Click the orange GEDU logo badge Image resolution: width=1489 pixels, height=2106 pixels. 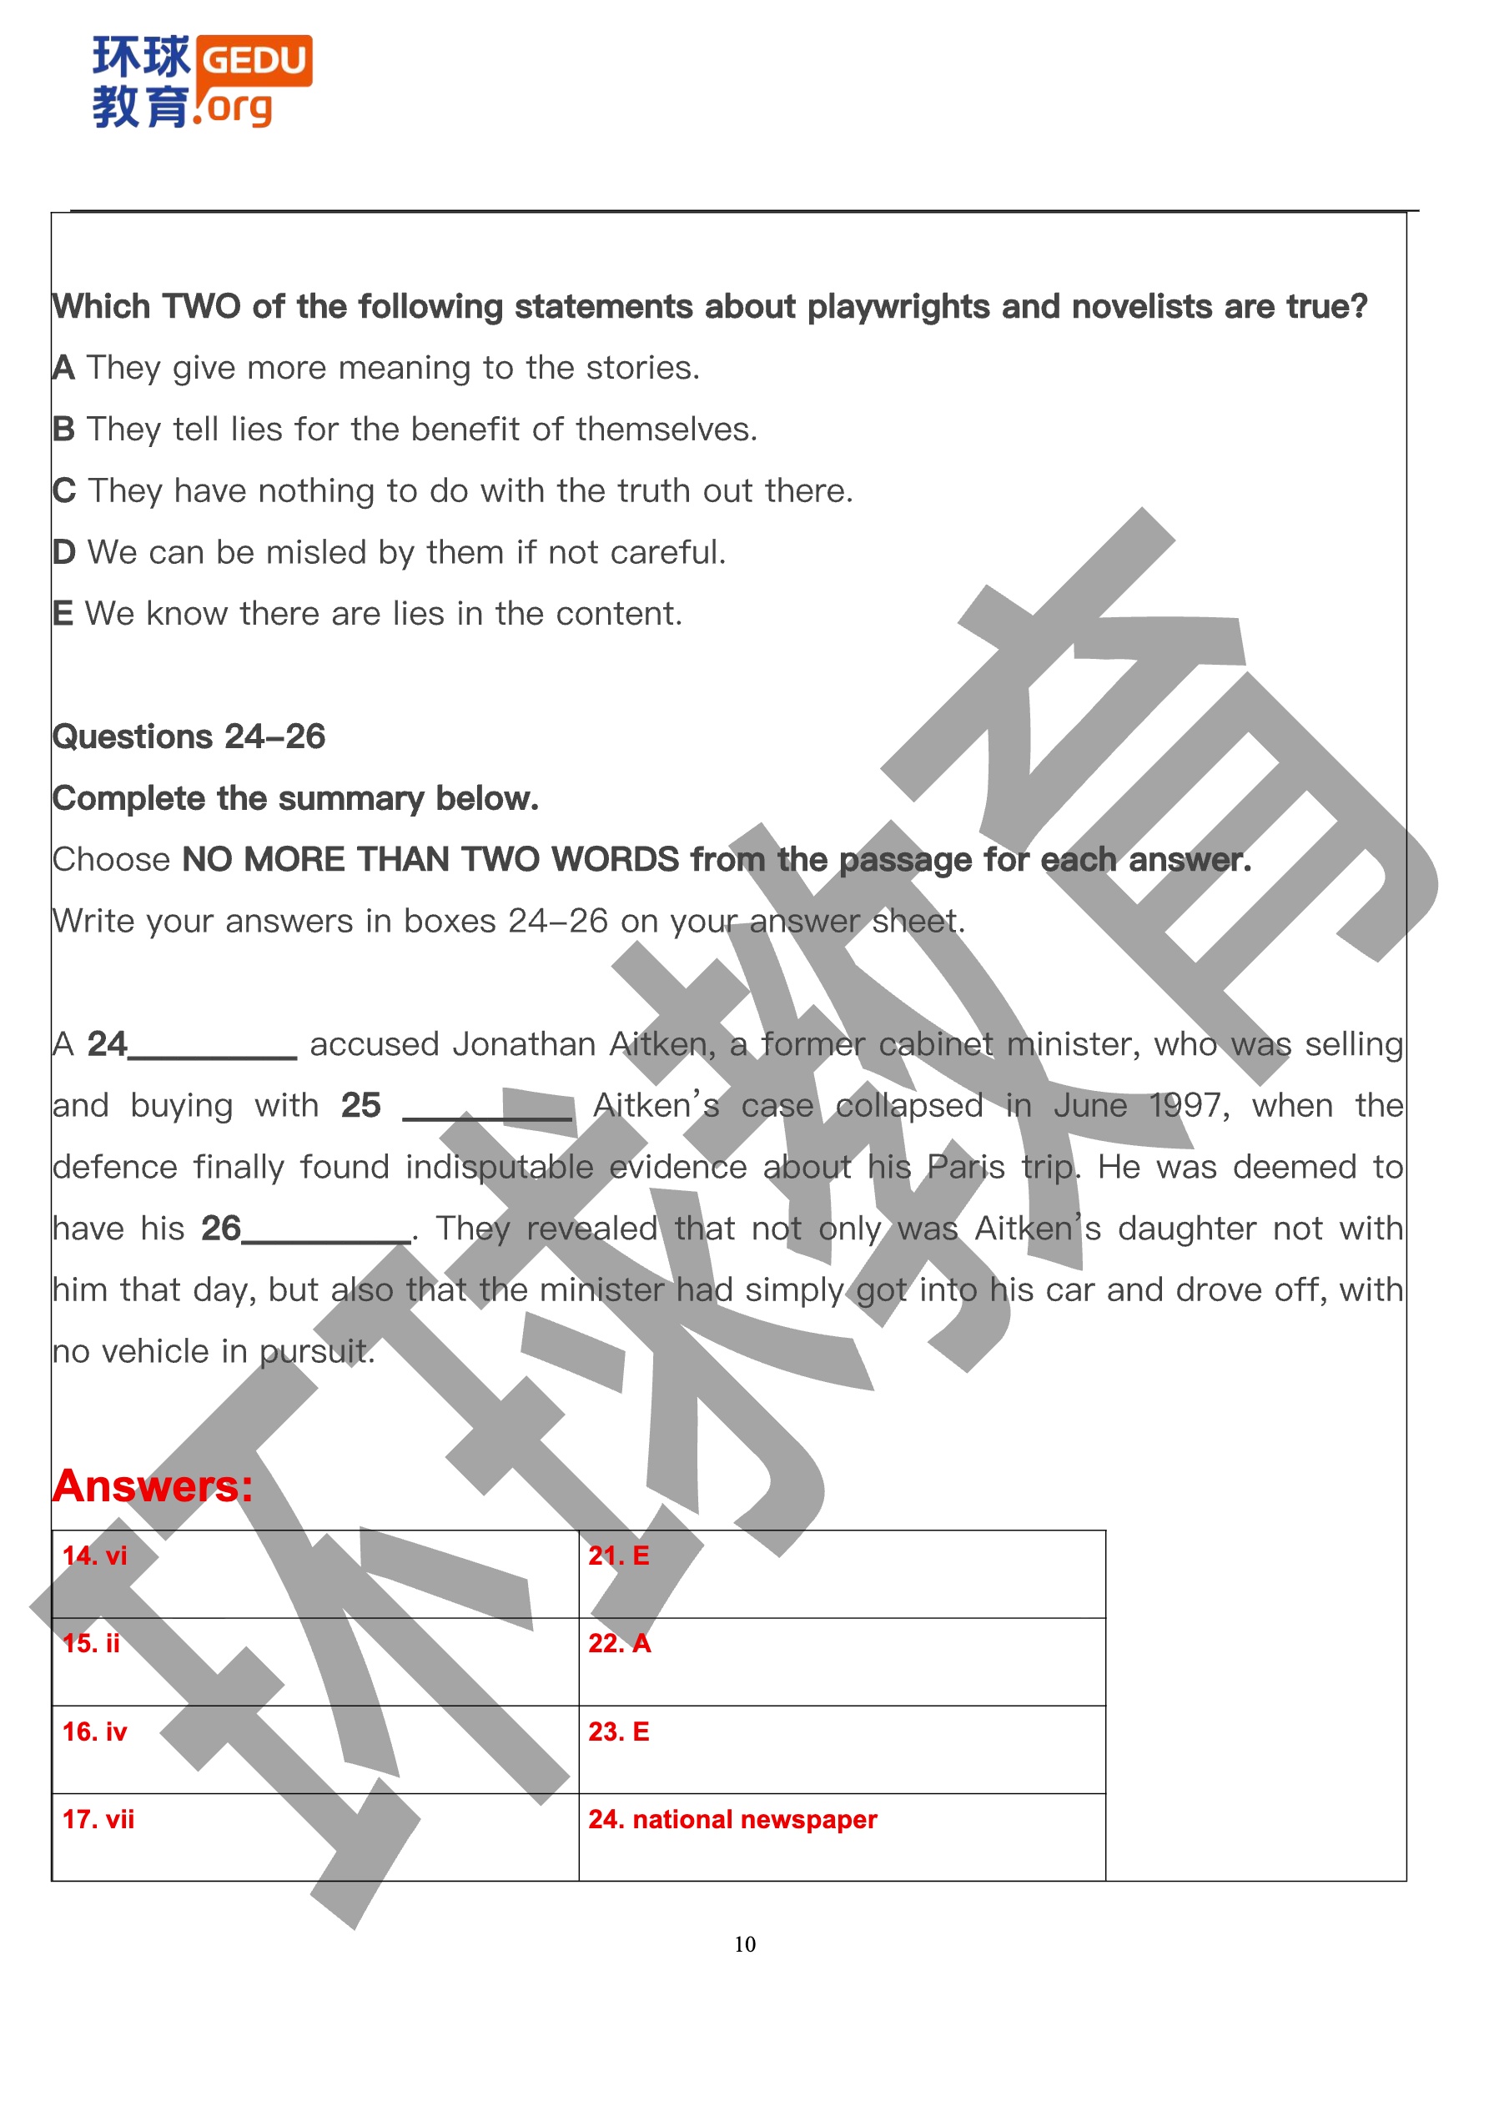254,61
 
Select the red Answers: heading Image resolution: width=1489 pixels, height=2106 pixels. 153,1486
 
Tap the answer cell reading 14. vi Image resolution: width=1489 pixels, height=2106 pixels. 94,1556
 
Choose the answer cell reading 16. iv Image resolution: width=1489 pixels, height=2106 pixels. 94,1732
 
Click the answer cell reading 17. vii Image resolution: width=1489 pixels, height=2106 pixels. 98,1819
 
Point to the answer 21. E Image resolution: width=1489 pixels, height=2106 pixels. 618,1556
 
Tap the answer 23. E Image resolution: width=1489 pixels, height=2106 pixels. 618,1732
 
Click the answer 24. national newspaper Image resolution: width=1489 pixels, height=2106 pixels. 732,1819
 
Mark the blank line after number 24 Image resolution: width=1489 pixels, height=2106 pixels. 213,1055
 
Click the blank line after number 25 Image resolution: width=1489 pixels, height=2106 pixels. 487,1116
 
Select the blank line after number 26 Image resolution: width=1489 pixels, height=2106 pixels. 325,1239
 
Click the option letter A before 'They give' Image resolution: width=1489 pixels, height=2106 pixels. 63,368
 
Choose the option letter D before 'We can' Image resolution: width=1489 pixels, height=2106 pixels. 63,552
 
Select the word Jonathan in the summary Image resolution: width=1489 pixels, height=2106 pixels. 524,1044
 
